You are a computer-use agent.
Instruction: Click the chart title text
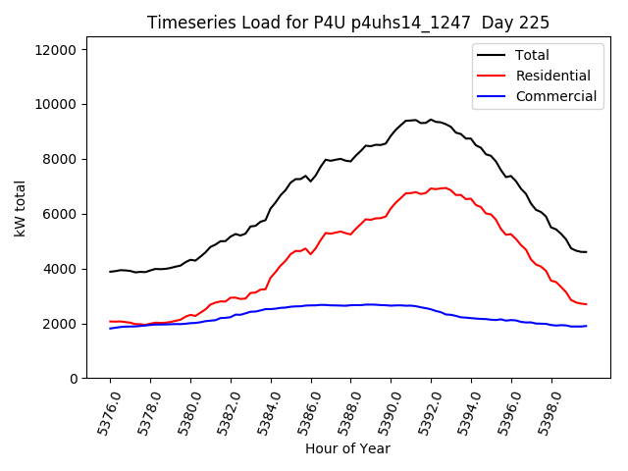click(x=348, y=23)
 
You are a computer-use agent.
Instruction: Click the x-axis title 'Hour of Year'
click(x=347, y=448)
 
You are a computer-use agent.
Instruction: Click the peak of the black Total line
click(x=430, y=120)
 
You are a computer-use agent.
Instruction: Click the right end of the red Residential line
click(x=586, y=304)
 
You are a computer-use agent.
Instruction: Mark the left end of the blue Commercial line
click(x=110, y=329)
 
